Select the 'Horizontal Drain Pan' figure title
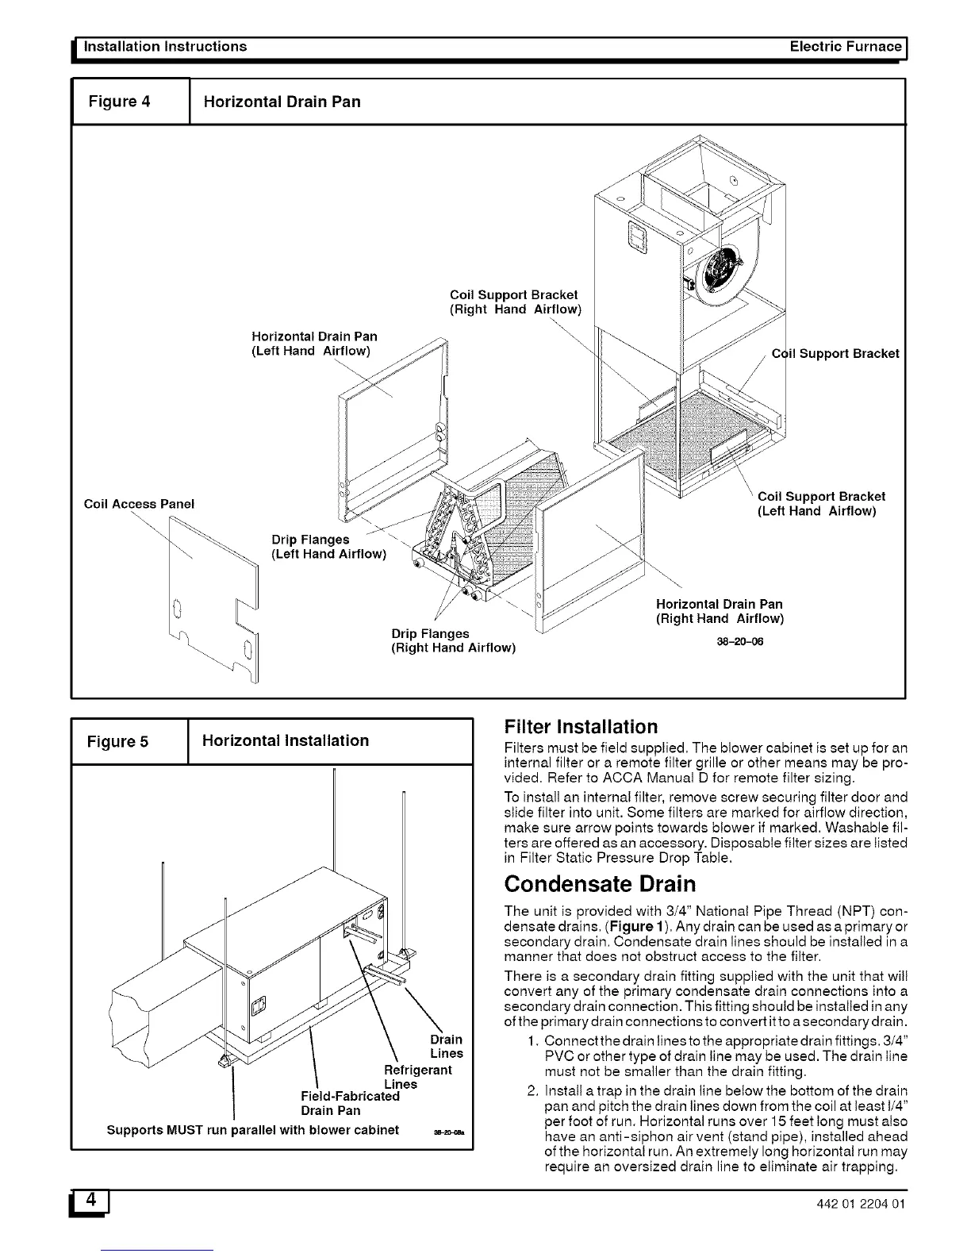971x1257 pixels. [282, 102]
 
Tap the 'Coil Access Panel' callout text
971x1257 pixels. [139, 504]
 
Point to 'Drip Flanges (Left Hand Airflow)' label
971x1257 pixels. [328, 547]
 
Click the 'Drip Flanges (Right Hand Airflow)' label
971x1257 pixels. [453, 640]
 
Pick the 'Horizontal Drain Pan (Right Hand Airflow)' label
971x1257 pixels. [719, 611]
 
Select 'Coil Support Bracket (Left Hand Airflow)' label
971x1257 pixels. [821, 503]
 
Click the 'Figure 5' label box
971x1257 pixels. [117, 742]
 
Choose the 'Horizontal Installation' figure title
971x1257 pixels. [286, 740]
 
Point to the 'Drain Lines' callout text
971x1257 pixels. [446, 1046]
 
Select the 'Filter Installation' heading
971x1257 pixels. [581, 727]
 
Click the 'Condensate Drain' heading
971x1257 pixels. [600, 883]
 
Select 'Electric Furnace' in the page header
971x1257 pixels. [846, 46]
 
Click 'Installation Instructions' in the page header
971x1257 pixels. [165, 46]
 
